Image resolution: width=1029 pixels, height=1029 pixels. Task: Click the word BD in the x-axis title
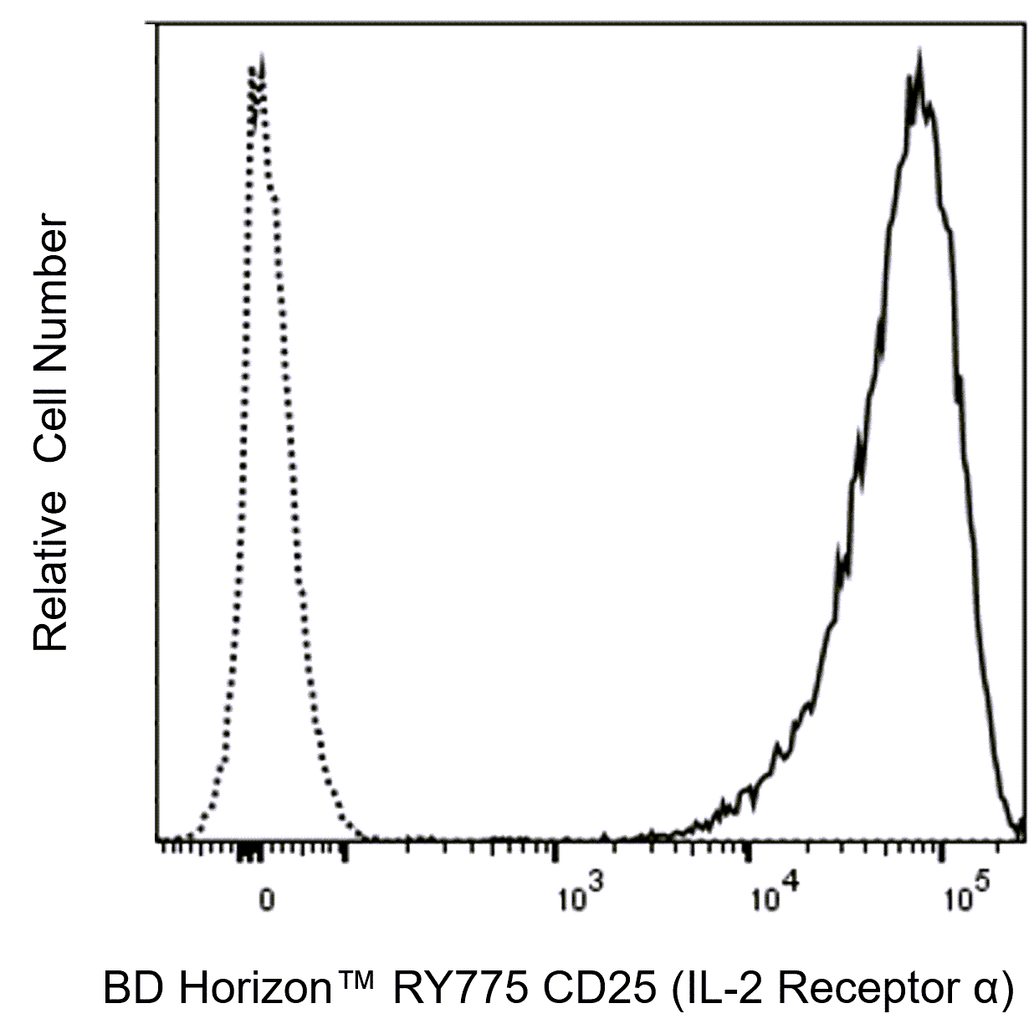pyautogui.click(x=126, y=990)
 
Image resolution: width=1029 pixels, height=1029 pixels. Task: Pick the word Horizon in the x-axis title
pyautogui.click(x=243, y=990)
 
